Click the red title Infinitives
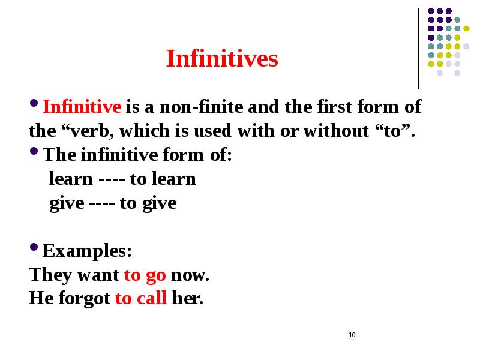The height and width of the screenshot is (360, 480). [x=222, y=59]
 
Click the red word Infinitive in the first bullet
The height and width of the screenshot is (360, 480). [x=83, y=108]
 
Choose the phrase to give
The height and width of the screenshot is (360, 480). [x=148, y=203]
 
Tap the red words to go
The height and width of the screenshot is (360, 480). [x=145, y=275]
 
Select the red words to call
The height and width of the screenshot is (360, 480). [x=140, y=299]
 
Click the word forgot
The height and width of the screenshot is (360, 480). [x=86, y=299]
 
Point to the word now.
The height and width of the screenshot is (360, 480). [x=190, y=275]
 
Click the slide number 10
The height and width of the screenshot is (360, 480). [x=352, y=334]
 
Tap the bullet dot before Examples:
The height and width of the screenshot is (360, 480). [x=34, y=248]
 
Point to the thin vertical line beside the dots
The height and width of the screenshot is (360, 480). [x=418, y=48]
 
